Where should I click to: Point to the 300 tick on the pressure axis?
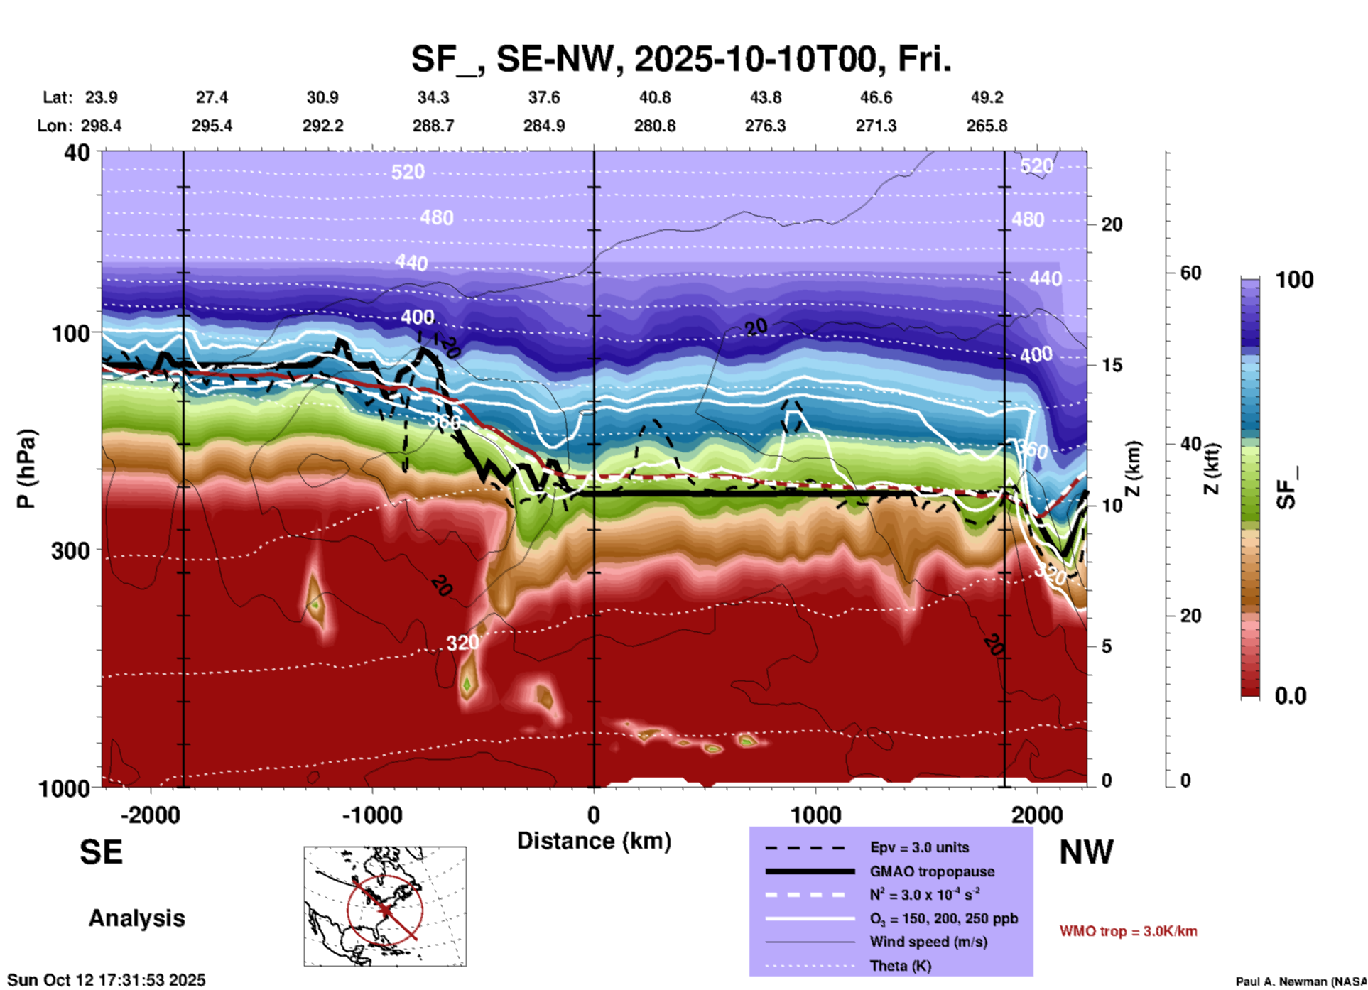pos(70,550)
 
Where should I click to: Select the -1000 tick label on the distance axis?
pos(371,815)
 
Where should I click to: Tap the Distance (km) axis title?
pos(594,841)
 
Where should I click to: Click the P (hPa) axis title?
pos(26,469)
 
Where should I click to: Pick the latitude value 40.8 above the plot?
pos(655,97)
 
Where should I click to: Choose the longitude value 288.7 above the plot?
pos(433,126)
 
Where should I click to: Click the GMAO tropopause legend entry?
pos(932,871)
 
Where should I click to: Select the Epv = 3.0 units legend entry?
pos(919,847)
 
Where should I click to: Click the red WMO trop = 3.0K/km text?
pos(1128,931)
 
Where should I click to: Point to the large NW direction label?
pos(1086,852)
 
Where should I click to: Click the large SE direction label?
pos(101,852)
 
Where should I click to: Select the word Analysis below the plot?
pos(136,918)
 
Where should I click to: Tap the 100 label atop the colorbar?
pos(1294,280)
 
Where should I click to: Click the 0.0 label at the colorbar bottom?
pos(1291,695)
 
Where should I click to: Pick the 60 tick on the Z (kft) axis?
pos(1190,273)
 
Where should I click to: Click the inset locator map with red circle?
pos(385,905)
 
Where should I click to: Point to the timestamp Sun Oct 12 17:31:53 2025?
pos(107,980)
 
